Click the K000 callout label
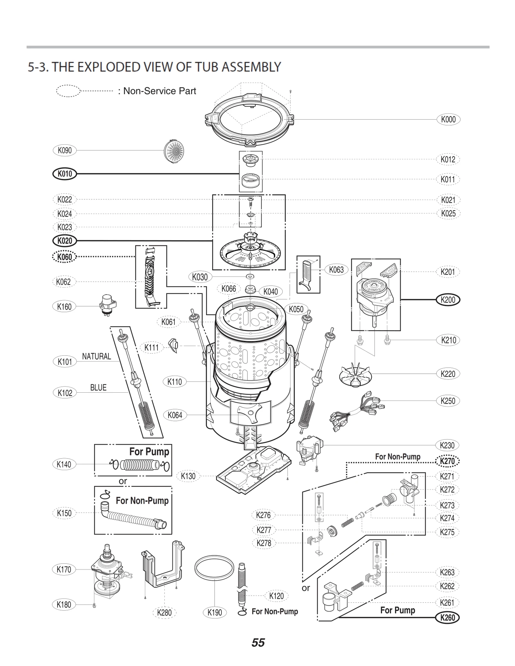pos(448,119)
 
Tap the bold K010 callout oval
pos(65,174)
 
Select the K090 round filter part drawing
pos(174,151)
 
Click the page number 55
pos(258,643)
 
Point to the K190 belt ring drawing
pos(214,568)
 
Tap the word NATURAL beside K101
pos(96,356)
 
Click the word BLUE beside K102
pos(98,388)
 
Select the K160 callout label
pos(64,306)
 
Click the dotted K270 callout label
pos(447,461)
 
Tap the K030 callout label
pos(200,277)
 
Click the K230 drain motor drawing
pos(309,449)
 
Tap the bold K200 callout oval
pos(448,300)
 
